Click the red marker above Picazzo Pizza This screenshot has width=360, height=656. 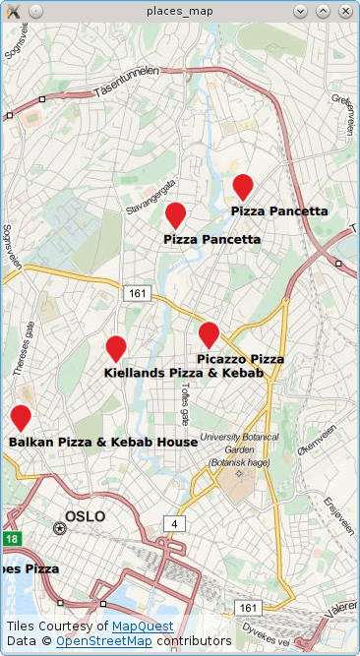pos(209,334)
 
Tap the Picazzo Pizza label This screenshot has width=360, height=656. pos(241,359)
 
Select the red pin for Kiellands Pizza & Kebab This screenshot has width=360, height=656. pos(116,348)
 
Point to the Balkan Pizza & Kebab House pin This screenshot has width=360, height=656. pos(21,417)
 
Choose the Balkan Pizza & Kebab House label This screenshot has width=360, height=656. pos(103,443)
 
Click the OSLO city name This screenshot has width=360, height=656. pos(85,516)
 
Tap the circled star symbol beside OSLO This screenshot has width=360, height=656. pos(60,528)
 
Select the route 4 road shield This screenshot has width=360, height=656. pos(174,522)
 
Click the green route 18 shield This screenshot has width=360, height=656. pos(11,538)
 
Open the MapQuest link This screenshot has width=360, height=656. pos(143,626)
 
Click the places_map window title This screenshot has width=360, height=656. pos(179,11)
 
